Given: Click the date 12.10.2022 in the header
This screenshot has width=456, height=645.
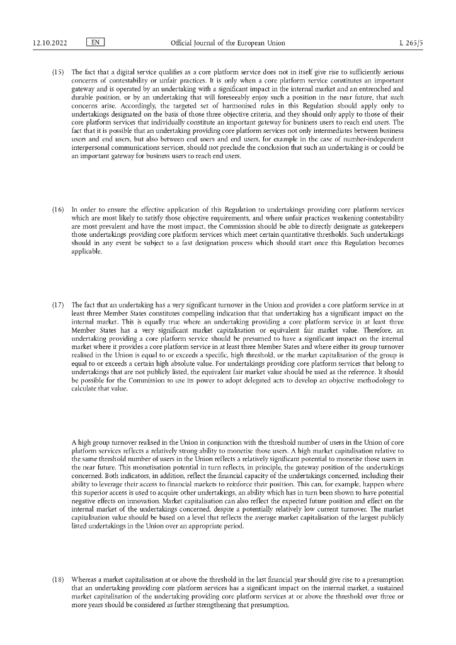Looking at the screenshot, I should click(x=50, y=43).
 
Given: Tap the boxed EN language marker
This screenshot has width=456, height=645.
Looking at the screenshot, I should click(x=94, y=43).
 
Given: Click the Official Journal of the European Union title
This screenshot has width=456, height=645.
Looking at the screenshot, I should click(x=228, y=43).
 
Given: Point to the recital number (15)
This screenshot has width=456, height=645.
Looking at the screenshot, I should click(x=58, y=72).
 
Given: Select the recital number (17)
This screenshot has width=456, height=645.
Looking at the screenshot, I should click(x=58, y=305).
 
